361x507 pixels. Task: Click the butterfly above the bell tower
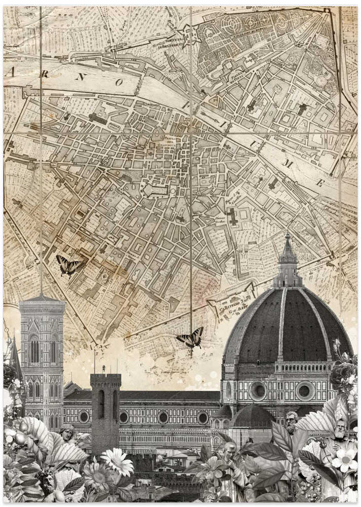pos(68,265)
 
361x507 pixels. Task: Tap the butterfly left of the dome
pos(191,338)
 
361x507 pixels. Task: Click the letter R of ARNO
pos(45,74)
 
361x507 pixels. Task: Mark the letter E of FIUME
pos(320,183)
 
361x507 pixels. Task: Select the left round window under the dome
pos(258,391)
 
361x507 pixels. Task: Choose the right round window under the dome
pos(305,390)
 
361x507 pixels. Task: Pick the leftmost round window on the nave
pos(84,417)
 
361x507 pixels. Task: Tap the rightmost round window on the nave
pos(203,418)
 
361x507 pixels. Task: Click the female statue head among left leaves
pos(66,433)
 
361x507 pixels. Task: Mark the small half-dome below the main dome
pos(252,417)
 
